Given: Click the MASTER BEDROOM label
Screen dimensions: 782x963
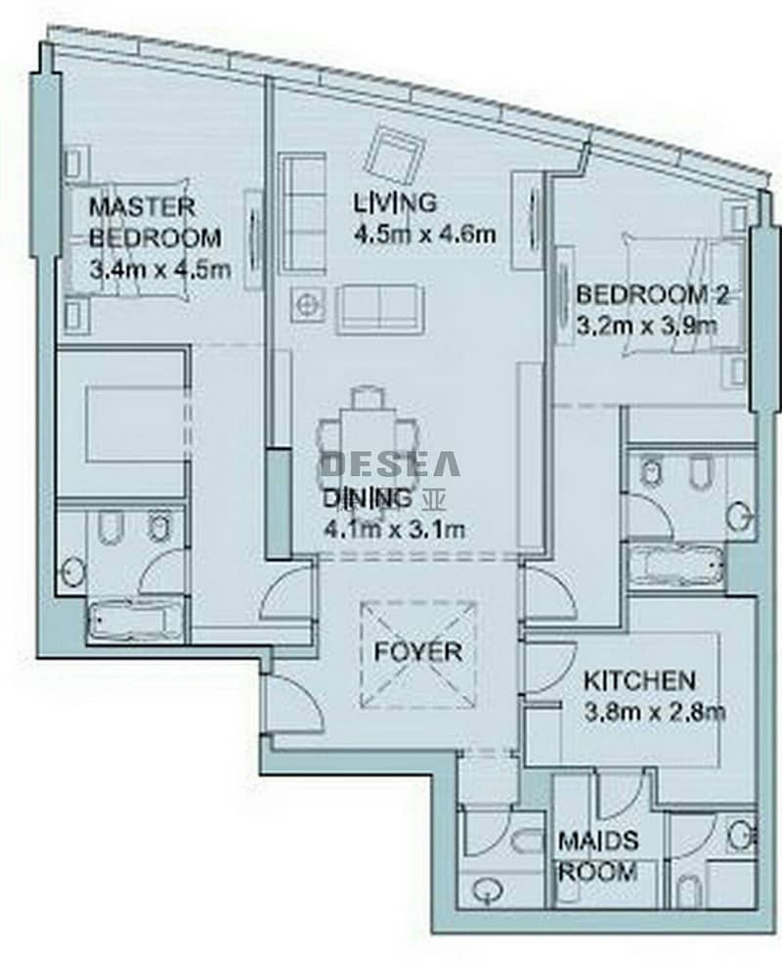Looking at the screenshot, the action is coord(154,222).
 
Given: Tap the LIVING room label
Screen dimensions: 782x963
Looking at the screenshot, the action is coord(395,202).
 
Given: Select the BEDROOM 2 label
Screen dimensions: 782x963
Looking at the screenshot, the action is coord(652,296).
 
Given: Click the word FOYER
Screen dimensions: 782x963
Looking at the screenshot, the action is coord(418,652).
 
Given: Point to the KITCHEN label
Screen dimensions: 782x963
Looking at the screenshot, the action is coord(639,680).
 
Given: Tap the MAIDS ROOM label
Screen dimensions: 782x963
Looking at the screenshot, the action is coord(598,855).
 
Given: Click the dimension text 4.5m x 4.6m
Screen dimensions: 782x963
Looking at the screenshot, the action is coord(424,234).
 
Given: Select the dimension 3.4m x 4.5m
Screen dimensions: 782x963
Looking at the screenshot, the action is coord(159,270).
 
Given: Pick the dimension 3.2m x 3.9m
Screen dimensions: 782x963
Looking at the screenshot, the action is coord(646,326).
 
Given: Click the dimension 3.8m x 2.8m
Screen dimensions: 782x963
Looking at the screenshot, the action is coord(654,713).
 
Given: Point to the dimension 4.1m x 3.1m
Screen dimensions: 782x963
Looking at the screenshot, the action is coord(393,528).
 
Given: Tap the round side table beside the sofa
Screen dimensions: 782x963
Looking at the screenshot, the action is coord(307,304).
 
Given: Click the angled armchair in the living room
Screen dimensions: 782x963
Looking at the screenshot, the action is coord(395,153).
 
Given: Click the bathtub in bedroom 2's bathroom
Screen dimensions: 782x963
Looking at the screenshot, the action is coord(676,564).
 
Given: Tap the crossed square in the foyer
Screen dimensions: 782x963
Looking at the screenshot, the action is coord(418,654).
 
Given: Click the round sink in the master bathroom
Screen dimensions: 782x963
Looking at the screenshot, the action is coord(72,572).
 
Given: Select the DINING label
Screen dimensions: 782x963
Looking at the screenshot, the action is coord(367,499).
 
